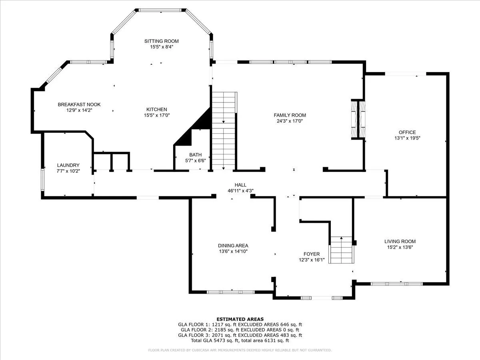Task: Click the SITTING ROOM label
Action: (161, 41)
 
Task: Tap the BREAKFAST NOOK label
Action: (79, 104)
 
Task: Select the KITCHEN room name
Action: (156, 109)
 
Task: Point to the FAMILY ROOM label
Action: (290, 115)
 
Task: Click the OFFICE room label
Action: (407, 132)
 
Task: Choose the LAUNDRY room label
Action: (68, 165)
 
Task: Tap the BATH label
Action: (196, 155)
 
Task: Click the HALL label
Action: (240, 185)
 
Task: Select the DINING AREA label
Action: (233, 246)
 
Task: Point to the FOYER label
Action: (312, 254)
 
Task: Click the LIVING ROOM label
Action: (400, 242)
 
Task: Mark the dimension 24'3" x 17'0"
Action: (290, 121)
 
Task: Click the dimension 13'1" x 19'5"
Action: (407, 138)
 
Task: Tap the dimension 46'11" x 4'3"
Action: (240, 191)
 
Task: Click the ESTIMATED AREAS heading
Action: (240, 319)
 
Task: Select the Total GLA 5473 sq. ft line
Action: (240, 340)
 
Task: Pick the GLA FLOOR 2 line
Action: (240, 330)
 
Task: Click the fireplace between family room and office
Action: (358, 119)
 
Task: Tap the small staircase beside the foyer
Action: (341, 250)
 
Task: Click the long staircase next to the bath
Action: (224, 131)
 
